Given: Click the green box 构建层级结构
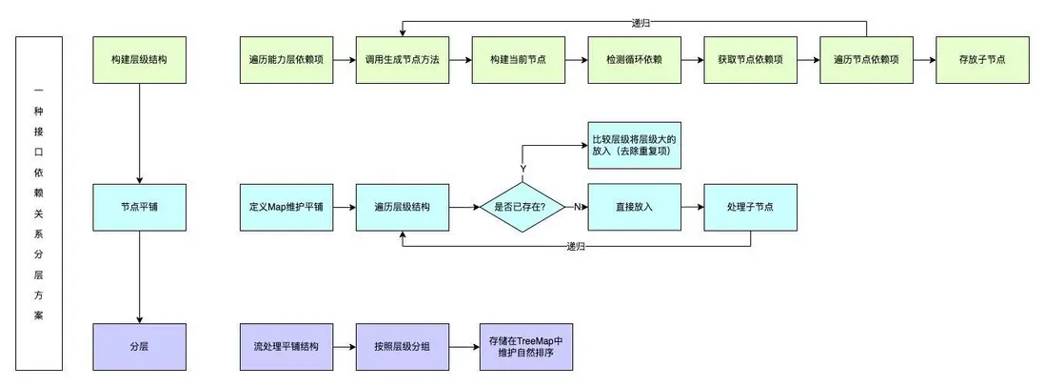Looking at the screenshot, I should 140,59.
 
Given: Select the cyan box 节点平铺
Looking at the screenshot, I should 140,205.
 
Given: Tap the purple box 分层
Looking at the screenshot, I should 140,347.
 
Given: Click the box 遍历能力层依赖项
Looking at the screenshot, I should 286,59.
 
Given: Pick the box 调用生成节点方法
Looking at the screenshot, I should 402,59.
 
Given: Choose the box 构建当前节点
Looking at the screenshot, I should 518,59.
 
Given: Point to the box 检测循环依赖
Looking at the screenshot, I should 634,59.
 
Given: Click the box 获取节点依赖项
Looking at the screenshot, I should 750,59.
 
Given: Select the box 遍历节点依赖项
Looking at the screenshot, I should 866,59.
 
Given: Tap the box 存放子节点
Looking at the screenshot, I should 982,59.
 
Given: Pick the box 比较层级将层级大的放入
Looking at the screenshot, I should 634,146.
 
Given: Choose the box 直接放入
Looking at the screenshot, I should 634,206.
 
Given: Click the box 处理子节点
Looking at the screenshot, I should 750,206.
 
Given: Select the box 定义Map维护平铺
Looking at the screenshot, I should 286,206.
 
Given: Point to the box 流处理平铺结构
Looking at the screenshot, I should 286,347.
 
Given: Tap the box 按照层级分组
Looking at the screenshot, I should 402,347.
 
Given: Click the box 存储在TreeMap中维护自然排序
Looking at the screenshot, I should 526,347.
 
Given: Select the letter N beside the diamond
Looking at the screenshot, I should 576,206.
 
